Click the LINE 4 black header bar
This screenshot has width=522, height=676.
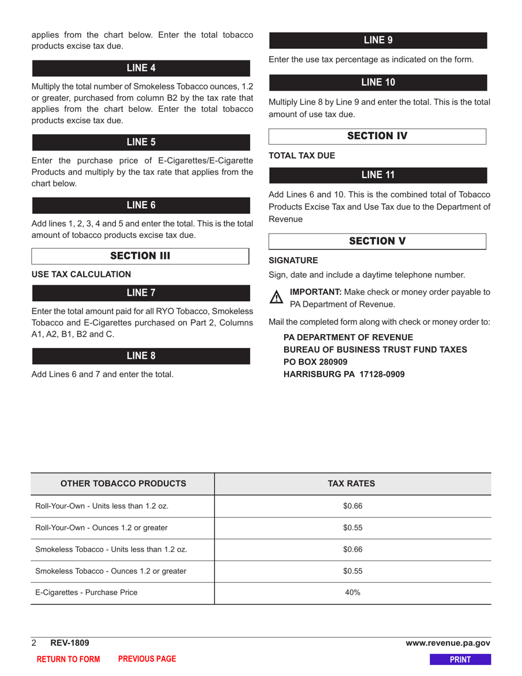coord(141,68)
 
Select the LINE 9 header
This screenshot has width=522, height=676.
coord(377,41)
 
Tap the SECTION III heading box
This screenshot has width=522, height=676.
coord(140,256)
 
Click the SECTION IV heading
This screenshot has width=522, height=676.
coord(377,136)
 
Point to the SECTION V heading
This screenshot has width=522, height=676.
coord(377,241)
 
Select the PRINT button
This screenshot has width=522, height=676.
coord(460,660)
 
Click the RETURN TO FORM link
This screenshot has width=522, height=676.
coord(68,660)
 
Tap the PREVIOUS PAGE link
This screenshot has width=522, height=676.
coord(147,659)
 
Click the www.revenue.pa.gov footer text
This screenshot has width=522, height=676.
coord(448,643)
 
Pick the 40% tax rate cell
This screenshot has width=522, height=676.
coord(352,592)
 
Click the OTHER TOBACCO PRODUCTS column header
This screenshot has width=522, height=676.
coord(123,484)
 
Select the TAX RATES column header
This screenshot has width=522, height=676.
coord(352,484)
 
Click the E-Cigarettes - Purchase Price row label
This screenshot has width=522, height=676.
coord(86,592)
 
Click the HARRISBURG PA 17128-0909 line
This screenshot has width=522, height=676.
coord(344,374)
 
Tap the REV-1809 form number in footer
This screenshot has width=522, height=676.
coord(70,643)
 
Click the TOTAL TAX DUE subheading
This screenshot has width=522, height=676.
coord(302,156)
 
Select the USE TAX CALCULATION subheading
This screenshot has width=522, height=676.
coord(81,274)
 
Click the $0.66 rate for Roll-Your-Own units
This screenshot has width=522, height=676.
coord(353,506)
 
